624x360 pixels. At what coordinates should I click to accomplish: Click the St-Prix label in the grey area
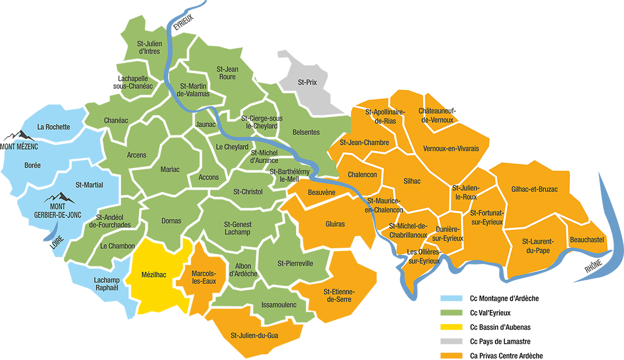(307, 82)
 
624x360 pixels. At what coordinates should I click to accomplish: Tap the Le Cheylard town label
(232, 147)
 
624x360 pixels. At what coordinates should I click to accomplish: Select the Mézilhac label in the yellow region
(154, 274)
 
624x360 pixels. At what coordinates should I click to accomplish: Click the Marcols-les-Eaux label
(204, 277)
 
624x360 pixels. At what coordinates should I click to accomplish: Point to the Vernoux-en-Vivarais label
(451, 149)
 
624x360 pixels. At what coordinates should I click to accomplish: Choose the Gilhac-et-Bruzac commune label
(534, 190)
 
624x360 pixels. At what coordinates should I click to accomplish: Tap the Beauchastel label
(587, 240)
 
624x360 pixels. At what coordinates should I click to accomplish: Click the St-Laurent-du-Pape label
(537, 246)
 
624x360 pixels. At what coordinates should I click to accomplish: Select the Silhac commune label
(412, 181)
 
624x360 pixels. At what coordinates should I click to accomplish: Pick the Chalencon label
(362, 175)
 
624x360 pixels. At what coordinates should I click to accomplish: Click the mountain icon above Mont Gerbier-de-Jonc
(59, 197)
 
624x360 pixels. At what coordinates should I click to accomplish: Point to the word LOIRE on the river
(57, 245)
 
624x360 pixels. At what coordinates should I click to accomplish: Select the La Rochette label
(54, 127)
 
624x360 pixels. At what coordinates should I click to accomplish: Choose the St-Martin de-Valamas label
(193, 90)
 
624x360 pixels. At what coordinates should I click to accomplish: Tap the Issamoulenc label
(279, 305)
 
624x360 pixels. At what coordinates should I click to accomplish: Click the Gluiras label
(335, 224)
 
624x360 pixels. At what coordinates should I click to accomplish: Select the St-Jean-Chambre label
(365, 142)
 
